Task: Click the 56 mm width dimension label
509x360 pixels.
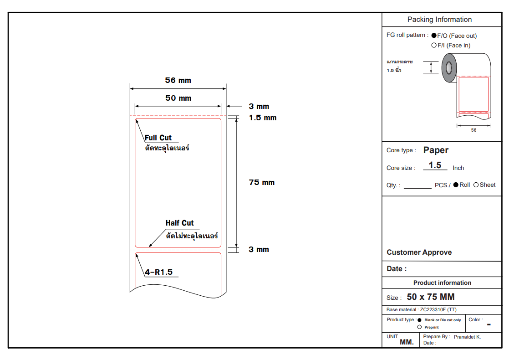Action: click(x=178, y=81)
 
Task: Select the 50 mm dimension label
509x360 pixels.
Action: click(x=178, y=98)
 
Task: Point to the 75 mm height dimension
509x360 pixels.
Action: click(x=262, y=183)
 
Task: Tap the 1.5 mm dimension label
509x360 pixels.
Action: click(x=263, y=118)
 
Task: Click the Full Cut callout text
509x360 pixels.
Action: click(x=158, y=138)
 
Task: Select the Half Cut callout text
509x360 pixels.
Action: click(x=179, y=223)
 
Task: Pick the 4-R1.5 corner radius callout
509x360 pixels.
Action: click(x=159, y=273)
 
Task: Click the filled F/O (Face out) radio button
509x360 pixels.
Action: click(x=434, y=36)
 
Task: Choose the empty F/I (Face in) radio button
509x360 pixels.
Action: click(x=434, y=46)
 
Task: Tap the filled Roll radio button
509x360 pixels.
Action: click(x=456, y=185)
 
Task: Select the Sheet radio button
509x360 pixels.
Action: click(x=476, y=185)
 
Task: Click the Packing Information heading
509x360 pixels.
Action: click(x=439, y=20)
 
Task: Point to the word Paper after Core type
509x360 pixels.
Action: click(x=436, y=150)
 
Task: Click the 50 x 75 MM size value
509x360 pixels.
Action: click(x=431, y=297)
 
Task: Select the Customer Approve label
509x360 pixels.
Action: click(x=419, y=252)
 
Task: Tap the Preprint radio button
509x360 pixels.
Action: click(x=419, y=327)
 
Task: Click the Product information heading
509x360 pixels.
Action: click(x=442, y=283)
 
